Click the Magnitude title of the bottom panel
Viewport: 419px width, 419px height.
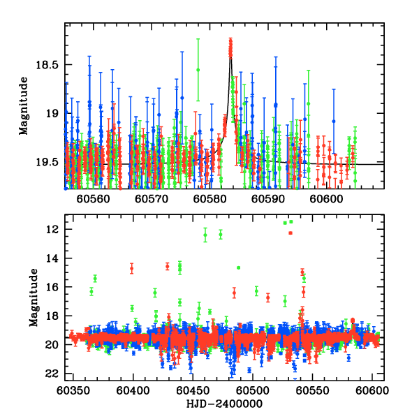(34, 301)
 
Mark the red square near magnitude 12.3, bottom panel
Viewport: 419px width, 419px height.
(290, 233)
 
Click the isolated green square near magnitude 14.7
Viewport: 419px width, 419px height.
(239, 267)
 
